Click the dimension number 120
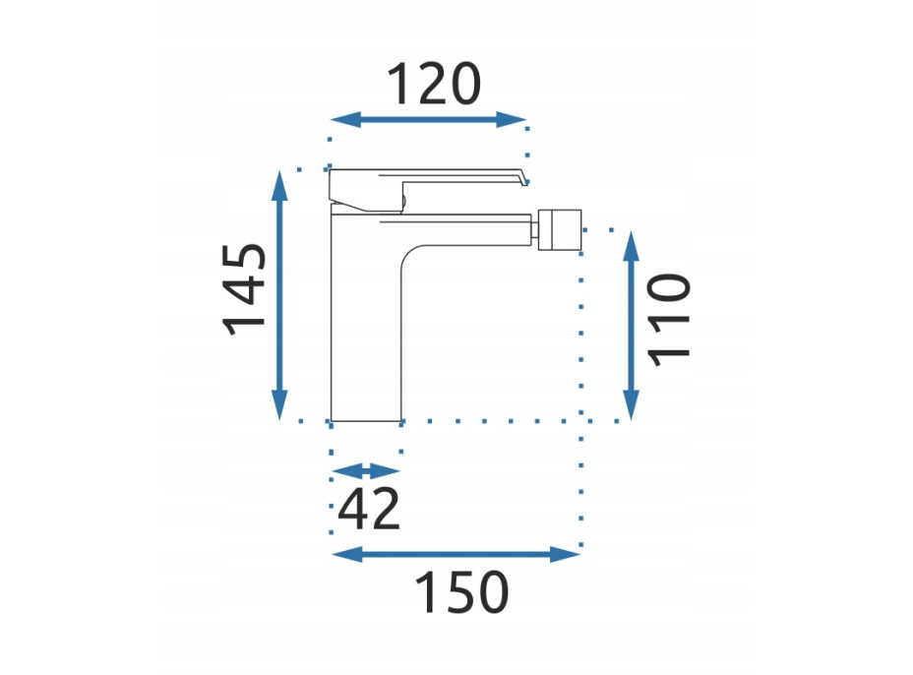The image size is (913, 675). tap(434, 84)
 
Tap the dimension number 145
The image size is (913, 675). tap(245, 289)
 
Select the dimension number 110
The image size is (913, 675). tap(668, 320)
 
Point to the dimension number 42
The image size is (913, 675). tap(369, 509)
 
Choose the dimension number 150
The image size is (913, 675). tap(461, 592)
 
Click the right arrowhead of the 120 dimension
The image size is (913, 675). tap(512, 119)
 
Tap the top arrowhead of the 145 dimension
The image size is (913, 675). tap(280, 186)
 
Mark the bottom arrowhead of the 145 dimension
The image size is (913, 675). tap(280, 404)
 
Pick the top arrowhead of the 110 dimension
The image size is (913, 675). tap(632, 246)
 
